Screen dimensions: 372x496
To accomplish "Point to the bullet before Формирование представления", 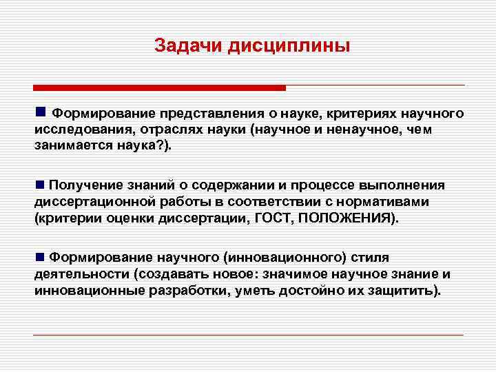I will [x=41, y=112].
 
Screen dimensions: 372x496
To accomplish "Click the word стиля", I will [x=371, y=258].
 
